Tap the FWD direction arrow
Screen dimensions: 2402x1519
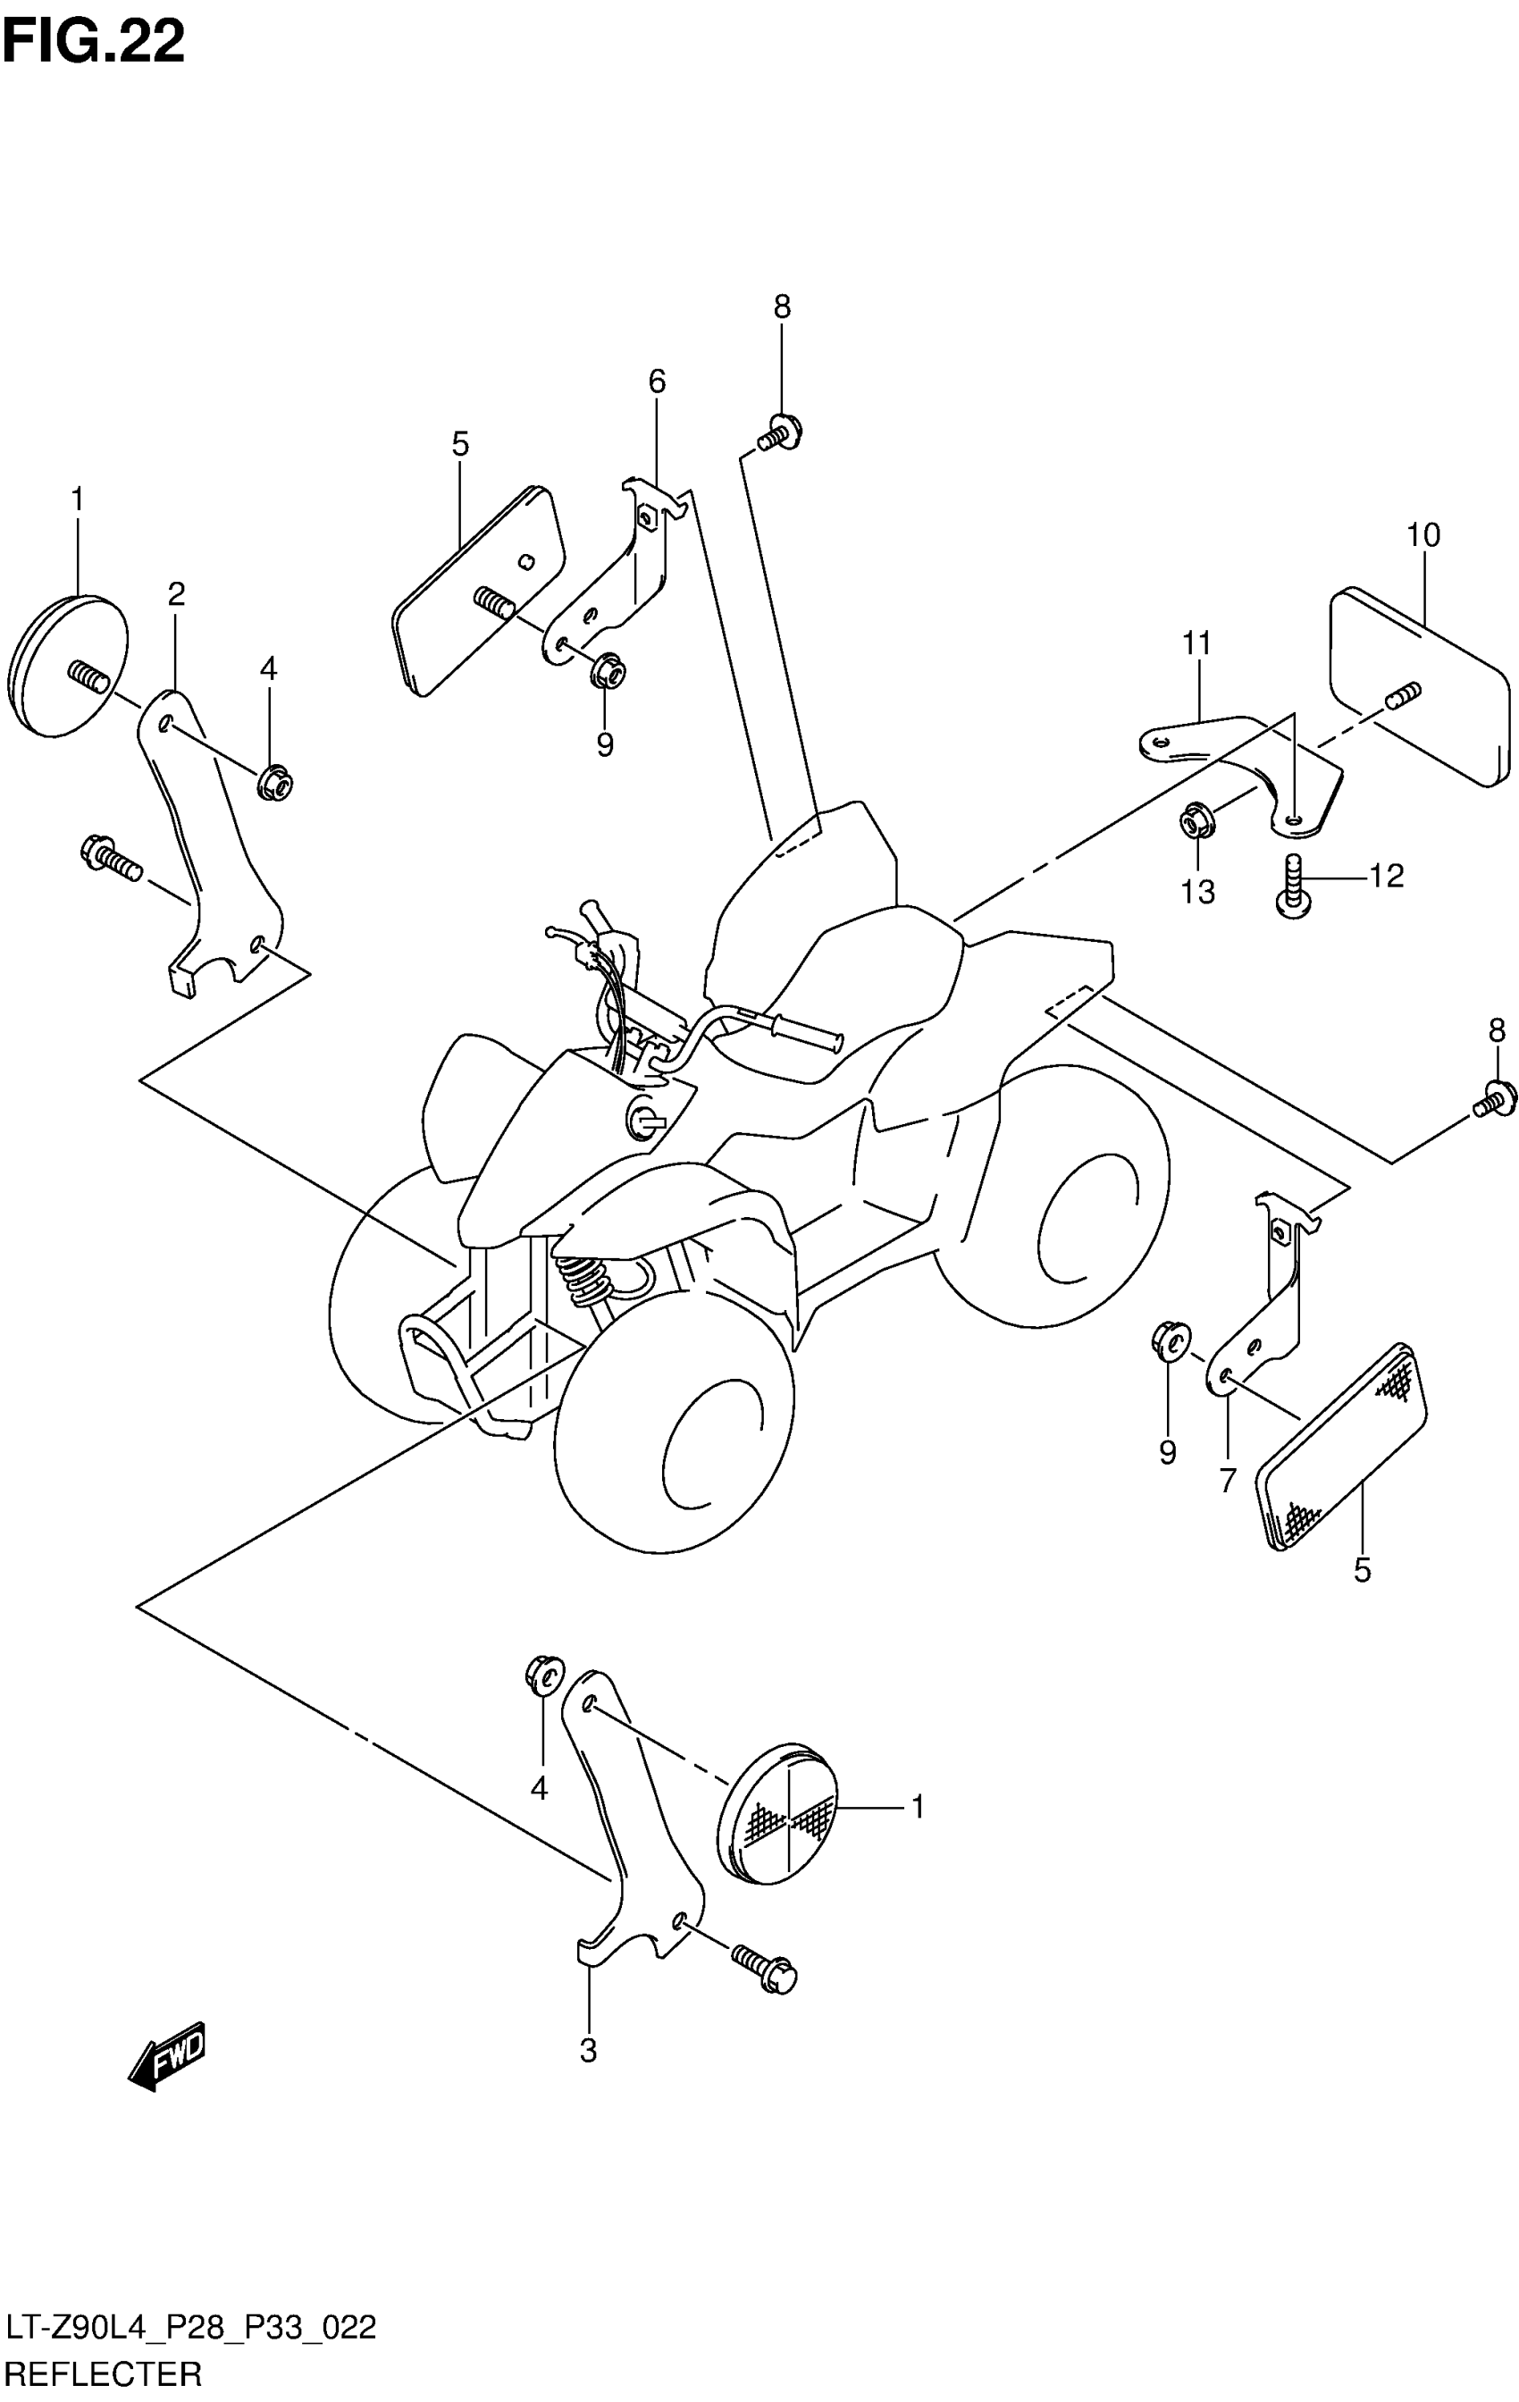tap(166, 2056)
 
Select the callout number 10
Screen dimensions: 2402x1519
tap(1423, 535)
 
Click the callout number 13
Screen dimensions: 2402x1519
tap(1198, 892)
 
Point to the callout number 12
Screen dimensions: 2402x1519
tap(1387, 876)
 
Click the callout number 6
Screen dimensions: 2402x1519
tap(656, 381)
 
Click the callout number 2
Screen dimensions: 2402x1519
tap(177, 594)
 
